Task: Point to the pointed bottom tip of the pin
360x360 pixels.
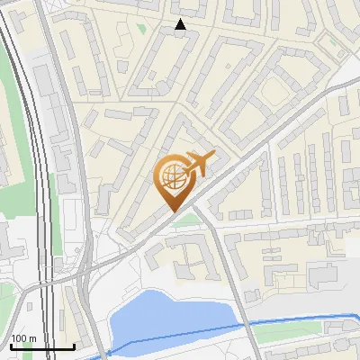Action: [x=173, y=210]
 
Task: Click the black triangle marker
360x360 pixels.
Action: [x=181, y=24]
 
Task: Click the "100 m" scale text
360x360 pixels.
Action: [x=23, y=338]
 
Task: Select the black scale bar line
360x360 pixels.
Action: [x=41, y=346]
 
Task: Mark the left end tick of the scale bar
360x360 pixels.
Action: [x=10, y=346]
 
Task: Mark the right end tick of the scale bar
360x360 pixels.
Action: [x=74, y=346]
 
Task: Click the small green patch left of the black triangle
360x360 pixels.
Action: [x=141, y=28]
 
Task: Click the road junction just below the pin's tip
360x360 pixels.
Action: [x=193, y=209]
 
